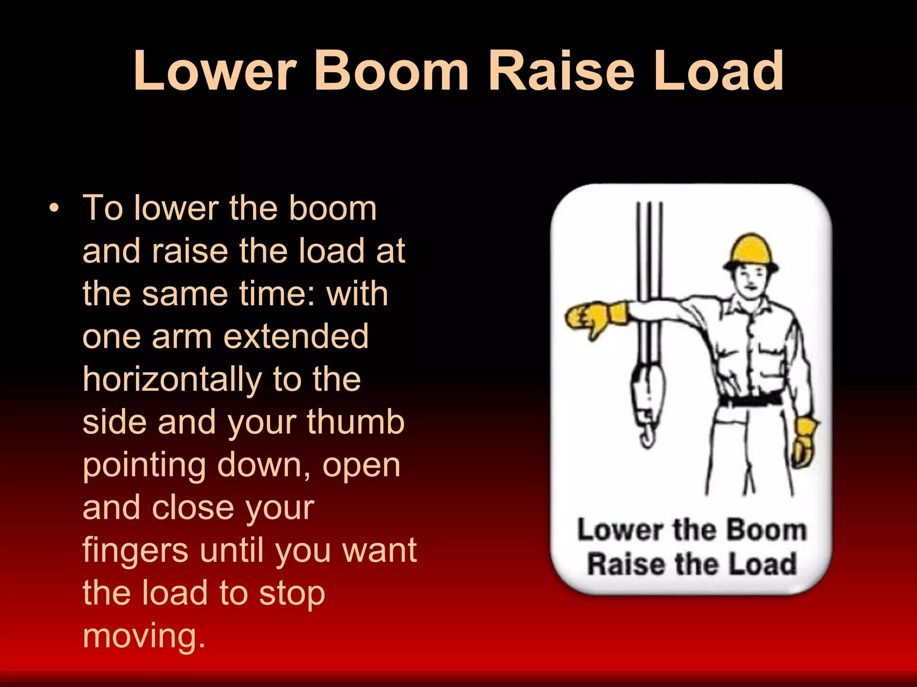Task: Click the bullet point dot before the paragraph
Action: pos(54,208)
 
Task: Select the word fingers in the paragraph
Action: pos(136,550)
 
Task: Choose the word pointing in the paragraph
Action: pos(144,466)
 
